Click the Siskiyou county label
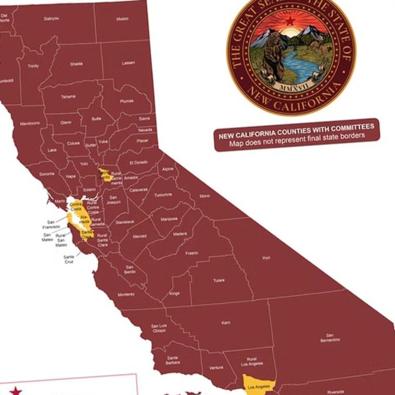pyautogui.click(x=51, y=19)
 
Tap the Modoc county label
pyautogui.click(x=122, y=19)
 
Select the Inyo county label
pyautogui.click(x=266, y=258)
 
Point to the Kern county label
pyautogui.click(x=226, y=322)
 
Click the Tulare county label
pyautogui.click(x=219, y=280)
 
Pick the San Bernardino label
pyautogui.click(x=330, y=338)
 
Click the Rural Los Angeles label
pyautogui.click(x=252, y=362)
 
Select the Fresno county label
pyautogui.click(x=192, y=253)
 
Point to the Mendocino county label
pyautogui.click(x=30, y=124)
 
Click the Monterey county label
pyautogui.click(x=126, y=295)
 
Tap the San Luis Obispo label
pyautogui.click(x=159, y=328)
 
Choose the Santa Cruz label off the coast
pyautogui.click(x=69, y=259)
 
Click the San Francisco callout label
pyautogui.click(x=51, y=225)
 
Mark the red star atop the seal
pyautogui.click(x=290, y=21)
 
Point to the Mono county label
pyautogui.click(x=205, y=196)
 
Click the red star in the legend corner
pyautogui.click(x=16, y=391)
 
